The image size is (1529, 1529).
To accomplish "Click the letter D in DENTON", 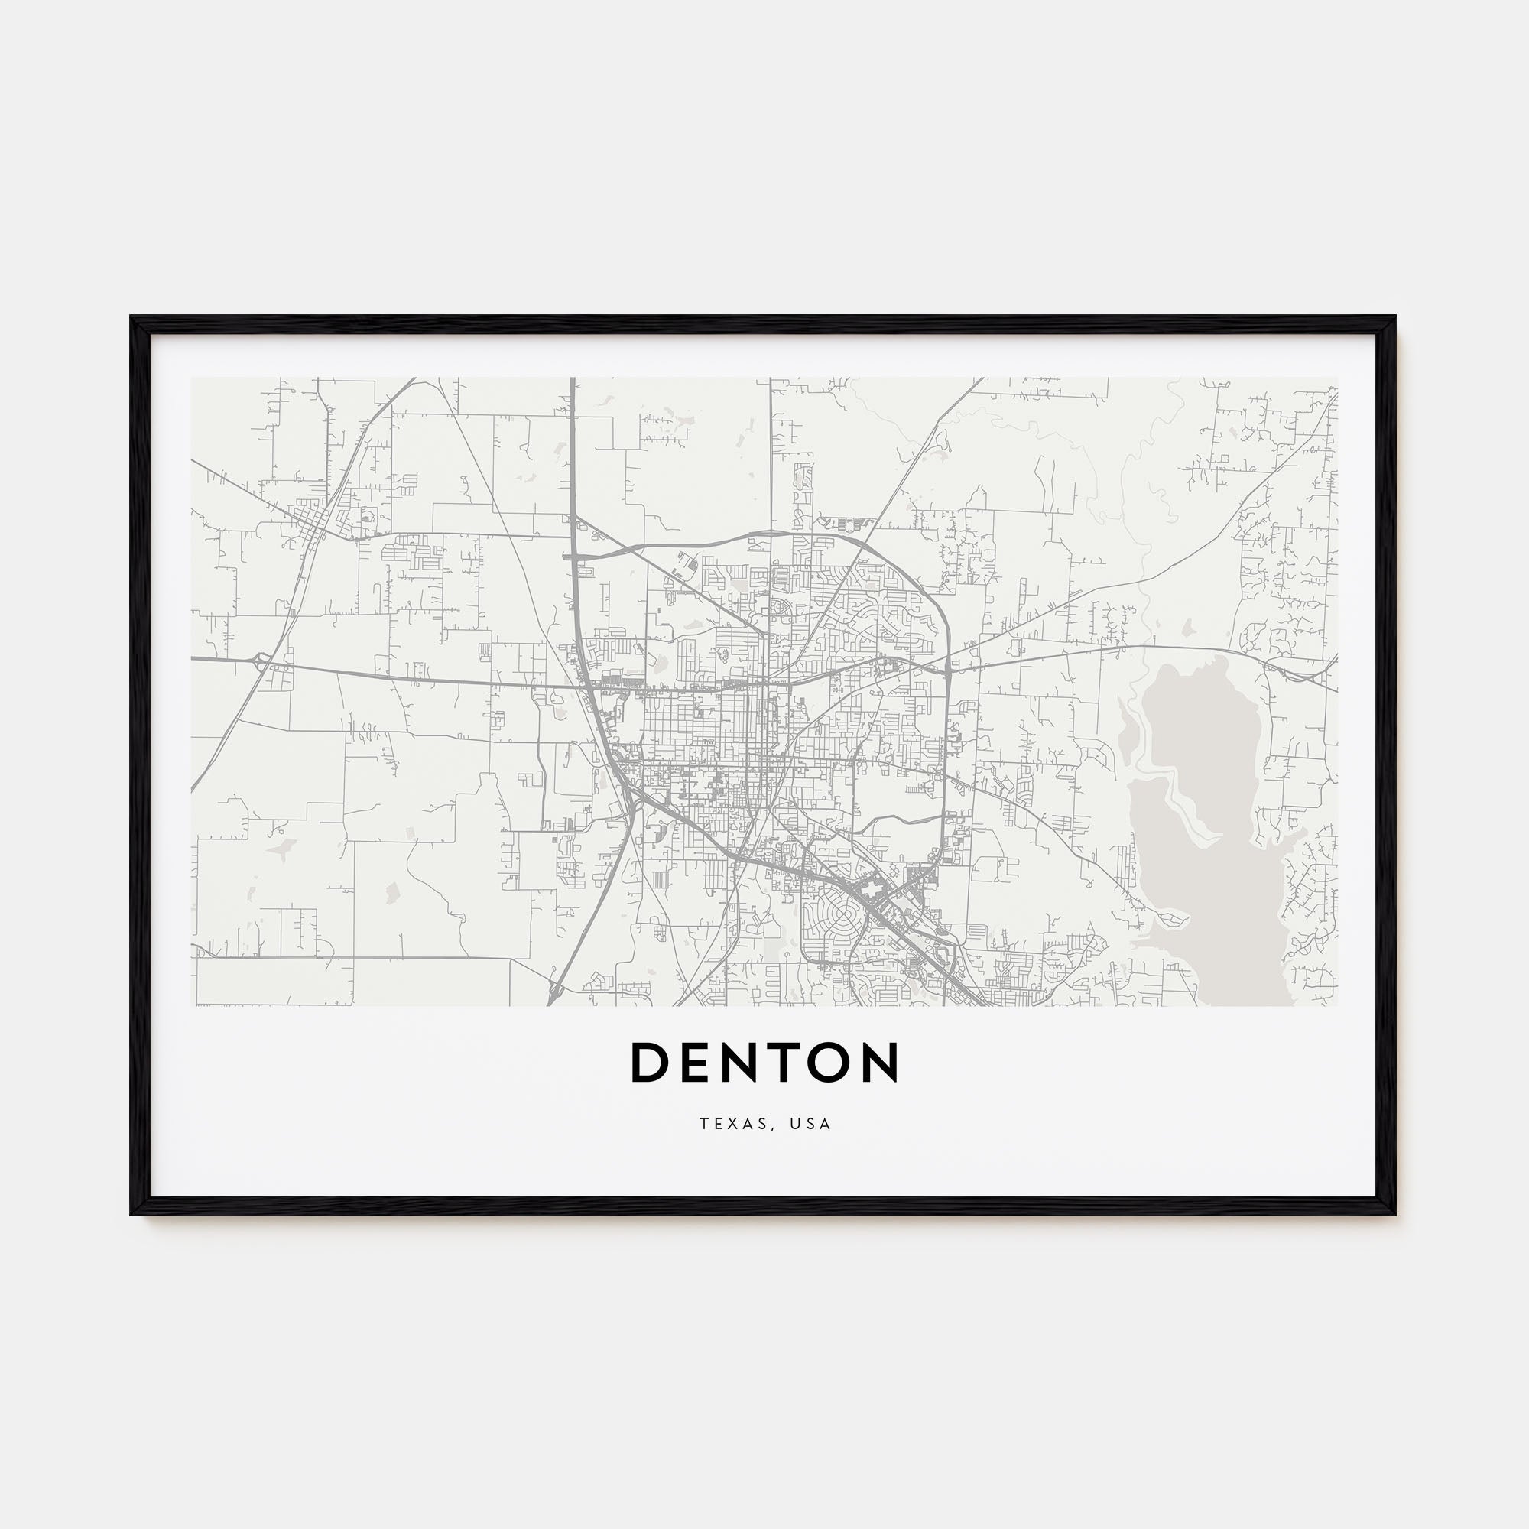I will click(651, 1063).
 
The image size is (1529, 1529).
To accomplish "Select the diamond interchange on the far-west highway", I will click(261, 658).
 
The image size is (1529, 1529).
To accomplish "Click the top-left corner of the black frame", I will click(132, 317).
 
